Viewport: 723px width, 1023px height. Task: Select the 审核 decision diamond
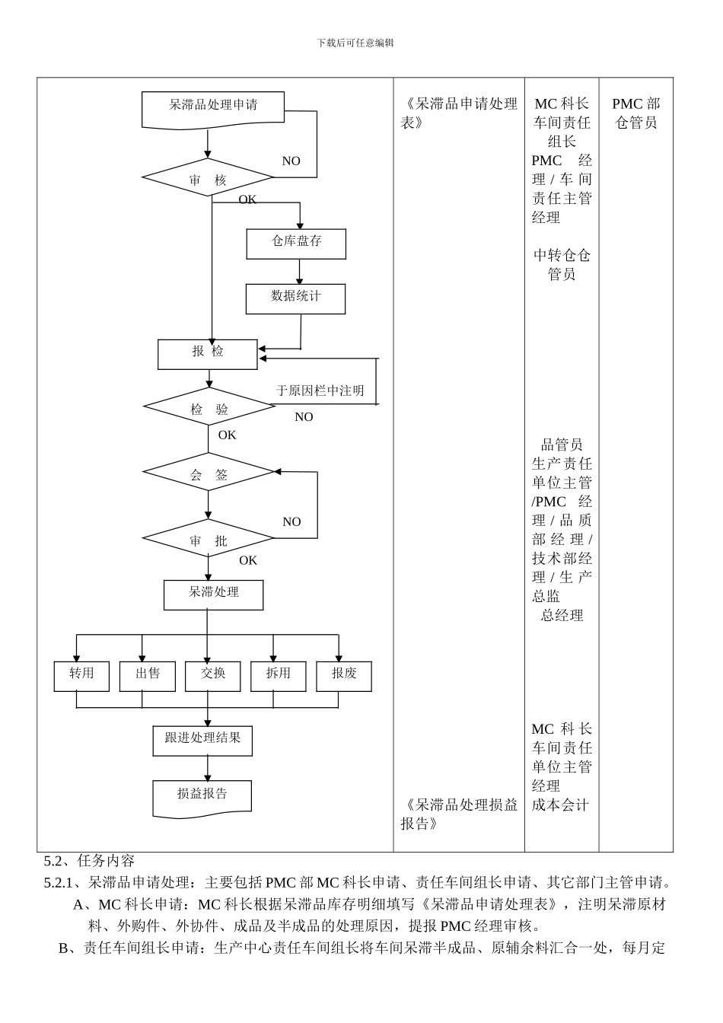(x=208, y=178)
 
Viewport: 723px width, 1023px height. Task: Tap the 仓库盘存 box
(x=296, y=244)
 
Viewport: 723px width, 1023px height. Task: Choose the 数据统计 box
(x=295, y=298)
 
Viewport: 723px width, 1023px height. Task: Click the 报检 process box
(x=208, y=354)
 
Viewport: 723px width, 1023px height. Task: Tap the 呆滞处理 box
(x=213, y=594)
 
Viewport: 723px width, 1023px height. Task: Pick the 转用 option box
(x=81, y=676)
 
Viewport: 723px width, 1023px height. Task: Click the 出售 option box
(x=148, y=676)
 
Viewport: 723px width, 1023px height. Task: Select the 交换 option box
(x=213, y=676)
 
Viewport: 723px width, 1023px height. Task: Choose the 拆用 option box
(x=279, y=676)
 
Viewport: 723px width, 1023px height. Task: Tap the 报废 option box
(x=344, y=676)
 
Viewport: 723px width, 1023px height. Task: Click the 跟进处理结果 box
(x=202, y=741)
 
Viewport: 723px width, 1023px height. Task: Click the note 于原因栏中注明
(x=320, y=390)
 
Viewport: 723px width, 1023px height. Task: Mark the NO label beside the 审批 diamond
(x=291, y=522)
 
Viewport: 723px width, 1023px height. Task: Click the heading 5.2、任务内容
(x=89, y=861)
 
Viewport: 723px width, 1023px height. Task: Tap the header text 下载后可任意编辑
(x=355, y=43)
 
